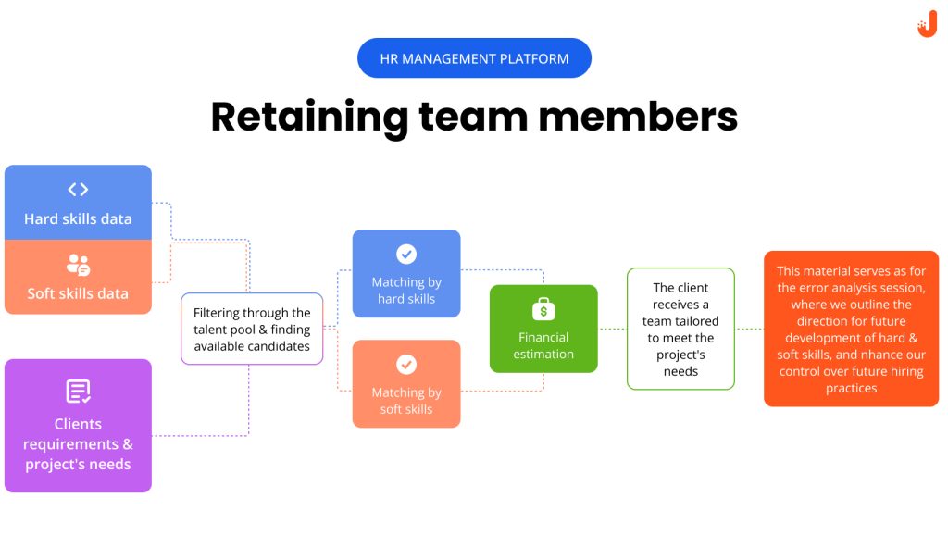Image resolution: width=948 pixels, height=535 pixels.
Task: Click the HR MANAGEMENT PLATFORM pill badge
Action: click(x=474, y=58)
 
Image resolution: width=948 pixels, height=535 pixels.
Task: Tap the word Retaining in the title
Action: click(x=309, y=118)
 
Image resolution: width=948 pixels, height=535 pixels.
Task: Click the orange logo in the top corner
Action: click(x=927, y=27)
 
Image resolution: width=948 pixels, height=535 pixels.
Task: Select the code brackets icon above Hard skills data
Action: click(x=78, y=190)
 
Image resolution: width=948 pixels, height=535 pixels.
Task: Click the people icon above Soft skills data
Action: click(x=78, y=266)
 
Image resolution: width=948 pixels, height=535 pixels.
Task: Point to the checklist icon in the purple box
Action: click(x=78, y=392)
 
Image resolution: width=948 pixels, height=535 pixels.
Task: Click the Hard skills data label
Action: click(x=78, y=219)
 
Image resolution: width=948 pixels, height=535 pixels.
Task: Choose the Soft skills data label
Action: click(x=78, y=294)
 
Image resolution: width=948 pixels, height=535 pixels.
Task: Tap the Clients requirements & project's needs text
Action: click(x=78, y=444)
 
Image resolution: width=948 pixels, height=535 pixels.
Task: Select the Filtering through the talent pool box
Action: click(x=252, y=330)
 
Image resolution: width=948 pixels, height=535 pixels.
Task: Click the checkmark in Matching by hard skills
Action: click(x=406, y=254)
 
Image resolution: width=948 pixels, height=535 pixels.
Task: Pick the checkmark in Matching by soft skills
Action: click(x=406, y=365)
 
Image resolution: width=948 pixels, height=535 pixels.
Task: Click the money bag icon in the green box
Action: click(x=543, y=309)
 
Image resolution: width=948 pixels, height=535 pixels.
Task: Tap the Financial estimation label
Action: click(x=543, y=345)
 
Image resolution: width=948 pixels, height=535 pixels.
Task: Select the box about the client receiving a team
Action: click(x=680, y=329)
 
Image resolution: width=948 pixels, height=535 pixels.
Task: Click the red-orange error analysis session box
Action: click(x=851, y=330)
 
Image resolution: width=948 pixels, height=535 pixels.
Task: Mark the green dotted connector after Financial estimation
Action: click(x=612, y=329)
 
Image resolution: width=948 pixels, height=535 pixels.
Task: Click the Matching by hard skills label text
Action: click(x=406, y=291)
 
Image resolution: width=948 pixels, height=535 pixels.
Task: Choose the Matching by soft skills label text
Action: click(x=406, y=401)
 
